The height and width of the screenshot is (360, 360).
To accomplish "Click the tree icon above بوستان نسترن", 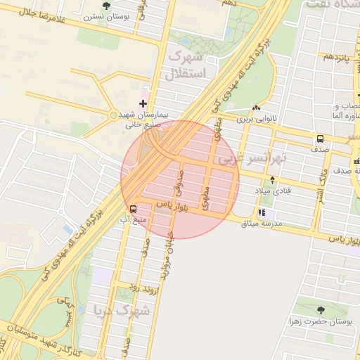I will point(106,6).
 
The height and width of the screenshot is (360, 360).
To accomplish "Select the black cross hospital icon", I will point(143,104).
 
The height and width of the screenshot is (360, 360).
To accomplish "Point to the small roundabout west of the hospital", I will point(113,115).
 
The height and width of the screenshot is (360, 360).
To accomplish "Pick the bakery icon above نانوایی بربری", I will point(255,108).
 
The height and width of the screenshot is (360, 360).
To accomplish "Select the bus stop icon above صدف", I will point(320,139).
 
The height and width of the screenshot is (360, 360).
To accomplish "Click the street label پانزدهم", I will point(335,56).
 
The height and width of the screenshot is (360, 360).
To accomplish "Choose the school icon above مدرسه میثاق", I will point(262,212).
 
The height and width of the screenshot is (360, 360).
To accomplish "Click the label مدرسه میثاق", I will point(261,224).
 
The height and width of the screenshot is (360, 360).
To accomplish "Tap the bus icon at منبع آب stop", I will point(133,209).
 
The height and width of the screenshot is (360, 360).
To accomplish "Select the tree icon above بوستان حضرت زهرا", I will point(321,309).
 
